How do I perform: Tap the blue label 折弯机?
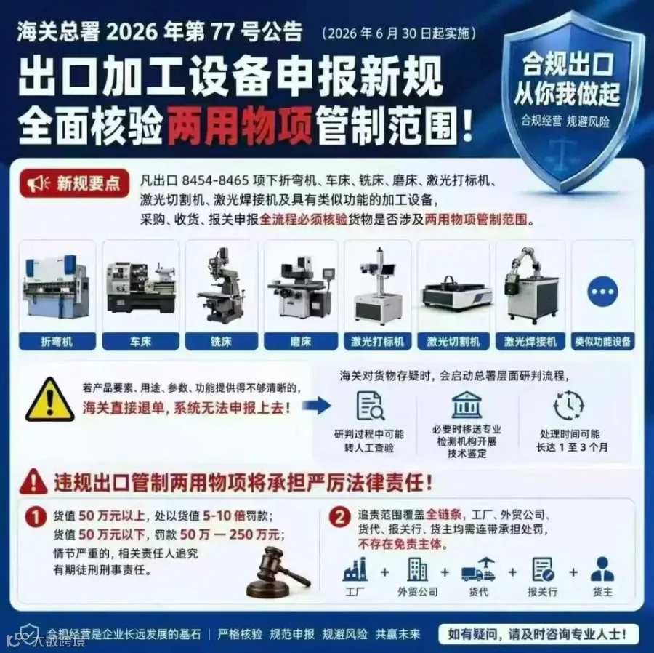tap(57, 341)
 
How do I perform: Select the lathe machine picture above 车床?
tap(140, 287)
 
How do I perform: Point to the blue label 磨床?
tap(301, 341)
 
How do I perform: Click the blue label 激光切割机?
tap(453, 341)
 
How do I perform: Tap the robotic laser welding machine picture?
tap(530, 284)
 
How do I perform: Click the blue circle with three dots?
tap(602, 292)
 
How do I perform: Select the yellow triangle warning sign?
tap(50, 400)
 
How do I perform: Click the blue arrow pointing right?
tap(317, 405)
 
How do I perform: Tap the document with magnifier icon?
tap(371, 406)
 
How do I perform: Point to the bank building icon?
tap(467, 405)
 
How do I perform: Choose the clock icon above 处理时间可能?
tap(569, 405)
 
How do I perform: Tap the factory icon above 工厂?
tap(355, 569)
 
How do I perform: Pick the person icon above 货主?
tap(602, 569)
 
